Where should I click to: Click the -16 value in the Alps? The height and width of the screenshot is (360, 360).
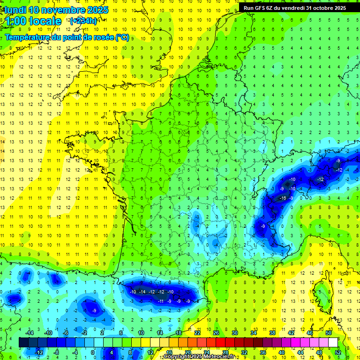(282, 199)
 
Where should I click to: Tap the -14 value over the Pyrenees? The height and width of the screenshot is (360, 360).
(142, 292)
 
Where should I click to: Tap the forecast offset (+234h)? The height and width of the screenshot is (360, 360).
(83, 21)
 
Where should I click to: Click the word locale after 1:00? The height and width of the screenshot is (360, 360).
(45, 21)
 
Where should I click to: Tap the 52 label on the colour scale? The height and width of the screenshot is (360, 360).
(338, 352)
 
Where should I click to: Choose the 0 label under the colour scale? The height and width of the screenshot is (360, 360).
(92, 352)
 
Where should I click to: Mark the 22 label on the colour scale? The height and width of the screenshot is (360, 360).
(197, 332)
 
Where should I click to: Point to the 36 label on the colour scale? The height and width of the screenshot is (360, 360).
(263, 352)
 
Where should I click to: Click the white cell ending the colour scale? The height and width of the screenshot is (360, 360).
(333, 342)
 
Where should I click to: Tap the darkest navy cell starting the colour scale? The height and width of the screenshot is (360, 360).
(23, 342)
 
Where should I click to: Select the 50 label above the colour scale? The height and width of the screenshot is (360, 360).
(329, 332)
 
